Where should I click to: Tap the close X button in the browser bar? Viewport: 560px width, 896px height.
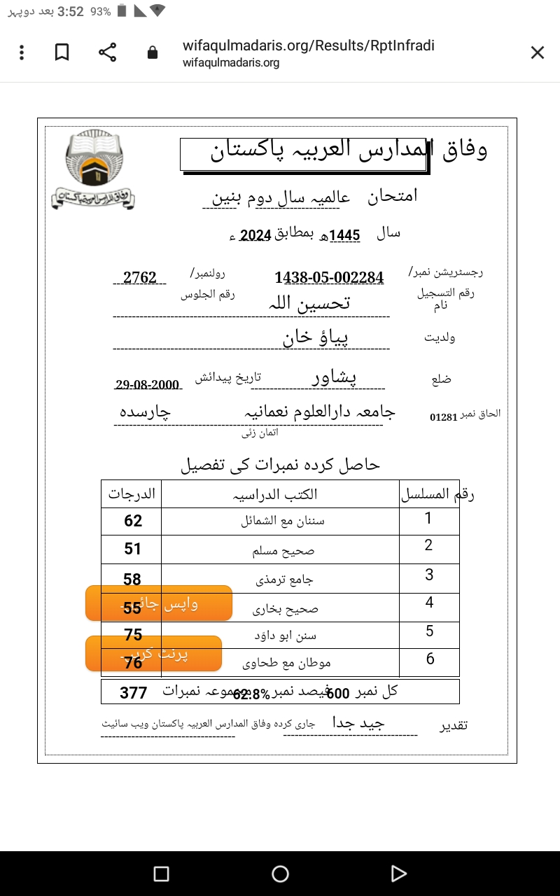tap(537, 52)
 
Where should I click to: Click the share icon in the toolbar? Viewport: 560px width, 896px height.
tap(107, 52)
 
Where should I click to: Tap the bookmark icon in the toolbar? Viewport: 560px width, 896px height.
tap(62, 52)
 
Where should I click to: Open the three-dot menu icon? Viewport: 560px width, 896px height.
tap(22, 52)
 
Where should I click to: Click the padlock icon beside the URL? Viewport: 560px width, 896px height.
tap(153, 52)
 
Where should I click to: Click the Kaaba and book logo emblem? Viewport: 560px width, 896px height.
tap(93, 170)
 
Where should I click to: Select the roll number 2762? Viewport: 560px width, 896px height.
tap(140, 278)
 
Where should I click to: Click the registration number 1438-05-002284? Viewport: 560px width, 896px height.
tap(329, 278)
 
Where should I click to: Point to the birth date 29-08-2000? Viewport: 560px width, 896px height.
tap(148, 384)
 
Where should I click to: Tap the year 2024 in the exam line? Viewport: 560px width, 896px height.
tap(255, 235)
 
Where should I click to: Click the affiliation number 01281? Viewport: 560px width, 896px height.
tap(443, 417)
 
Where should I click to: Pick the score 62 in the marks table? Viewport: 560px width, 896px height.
tap(133, 521)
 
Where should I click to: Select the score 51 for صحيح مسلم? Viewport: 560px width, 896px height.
tap(133, 549)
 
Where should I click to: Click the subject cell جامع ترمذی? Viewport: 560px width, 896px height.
tap(283, 580)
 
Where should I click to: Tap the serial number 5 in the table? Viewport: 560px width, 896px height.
tap(430, 631)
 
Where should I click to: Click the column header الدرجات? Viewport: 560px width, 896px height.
tap(132, 493)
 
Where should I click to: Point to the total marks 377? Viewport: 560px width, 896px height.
tap(133, 693)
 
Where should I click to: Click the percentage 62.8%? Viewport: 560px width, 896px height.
tap(251, 694)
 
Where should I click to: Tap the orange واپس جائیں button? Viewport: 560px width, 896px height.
tap(159, 603)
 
